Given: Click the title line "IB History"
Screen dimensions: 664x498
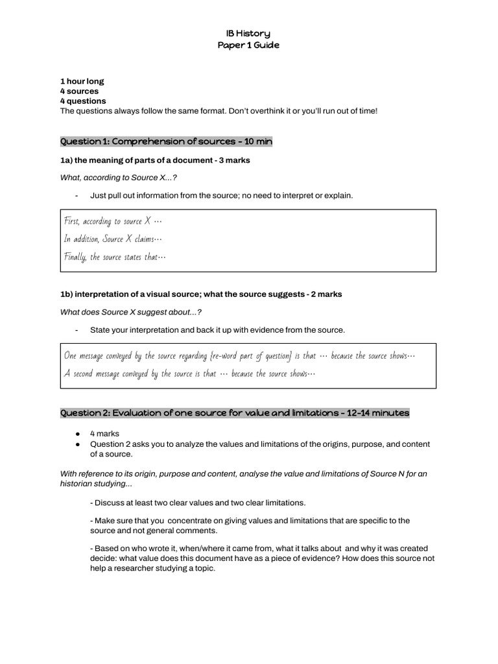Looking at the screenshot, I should (248, 33).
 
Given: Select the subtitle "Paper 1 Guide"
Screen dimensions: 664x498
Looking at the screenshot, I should (248, 45).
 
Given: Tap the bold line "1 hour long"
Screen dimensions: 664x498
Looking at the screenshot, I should (82, 82).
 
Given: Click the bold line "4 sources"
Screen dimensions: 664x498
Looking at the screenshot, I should (79, 91).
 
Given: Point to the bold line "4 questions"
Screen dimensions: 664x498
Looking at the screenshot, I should (83, 101).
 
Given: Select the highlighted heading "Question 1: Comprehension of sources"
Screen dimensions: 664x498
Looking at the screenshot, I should (166, 141).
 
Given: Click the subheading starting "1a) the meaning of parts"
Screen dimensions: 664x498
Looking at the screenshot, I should (155, 160).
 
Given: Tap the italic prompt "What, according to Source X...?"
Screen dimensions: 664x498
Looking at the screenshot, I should (118, 178).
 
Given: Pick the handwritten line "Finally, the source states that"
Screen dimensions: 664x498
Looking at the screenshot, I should (115, 257).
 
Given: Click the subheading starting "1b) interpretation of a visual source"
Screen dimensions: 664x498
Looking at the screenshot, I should (201, 294).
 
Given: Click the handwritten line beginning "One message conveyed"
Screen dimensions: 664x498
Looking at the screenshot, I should (239, 355).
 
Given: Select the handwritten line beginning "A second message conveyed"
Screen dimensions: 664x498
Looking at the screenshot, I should (189, 373).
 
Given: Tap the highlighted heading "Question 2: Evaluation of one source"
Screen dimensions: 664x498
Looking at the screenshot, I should (235, 413).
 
